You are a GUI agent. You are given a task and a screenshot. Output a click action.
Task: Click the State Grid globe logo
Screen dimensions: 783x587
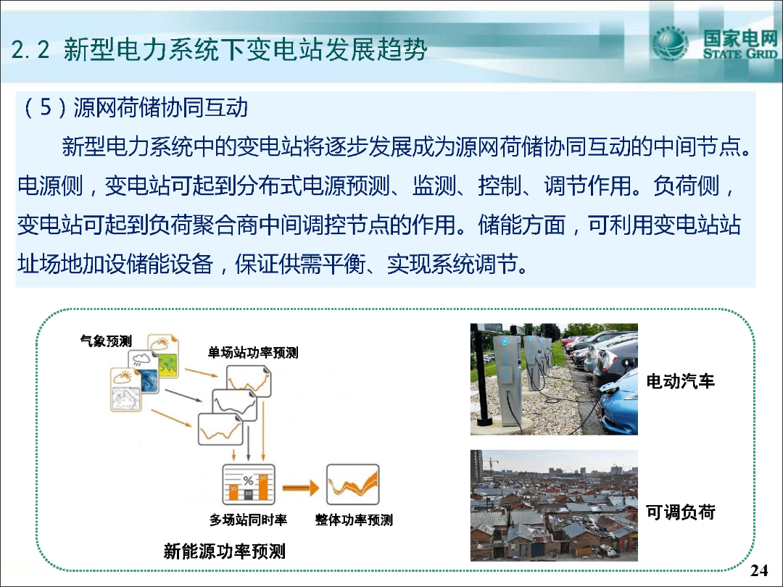670,43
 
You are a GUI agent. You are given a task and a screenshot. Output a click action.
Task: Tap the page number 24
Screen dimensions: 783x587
759,570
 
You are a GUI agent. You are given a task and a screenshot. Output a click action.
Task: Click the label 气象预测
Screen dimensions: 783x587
106,341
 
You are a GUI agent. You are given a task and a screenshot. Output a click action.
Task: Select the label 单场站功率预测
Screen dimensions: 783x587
253,353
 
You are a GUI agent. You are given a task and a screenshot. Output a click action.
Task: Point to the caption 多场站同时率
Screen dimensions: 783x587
248,520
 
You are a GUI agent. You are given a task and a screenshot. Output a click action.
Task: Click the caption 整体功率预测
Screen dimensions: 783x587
354,520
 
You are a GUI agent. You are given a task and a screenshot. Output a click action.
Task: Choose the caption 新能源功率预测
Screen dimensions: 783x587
225,551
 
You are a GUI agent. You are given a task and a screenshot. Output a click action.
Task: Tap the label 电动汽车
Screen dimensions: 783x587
680,381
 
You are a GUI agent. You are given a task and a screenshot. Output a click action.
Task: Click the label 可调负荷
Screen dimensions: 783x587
680,512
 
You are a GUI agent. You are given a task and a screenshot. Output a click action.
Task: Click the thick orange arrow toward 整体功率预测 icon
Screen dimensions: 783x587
301,488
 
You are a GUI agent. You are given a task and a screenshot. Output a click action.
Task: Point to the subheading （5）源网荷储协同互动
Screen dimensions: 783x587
135,107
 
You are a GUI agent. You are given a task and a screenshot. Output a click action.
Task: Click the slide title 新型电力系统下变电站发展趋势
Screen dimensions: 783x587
245,49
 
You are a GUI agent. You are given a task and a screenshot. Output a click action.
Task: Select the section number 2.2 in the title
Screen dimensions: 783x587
30,50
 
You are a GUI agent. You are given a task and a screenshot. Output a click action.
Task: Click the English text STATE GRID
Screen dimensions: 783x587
740,54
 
